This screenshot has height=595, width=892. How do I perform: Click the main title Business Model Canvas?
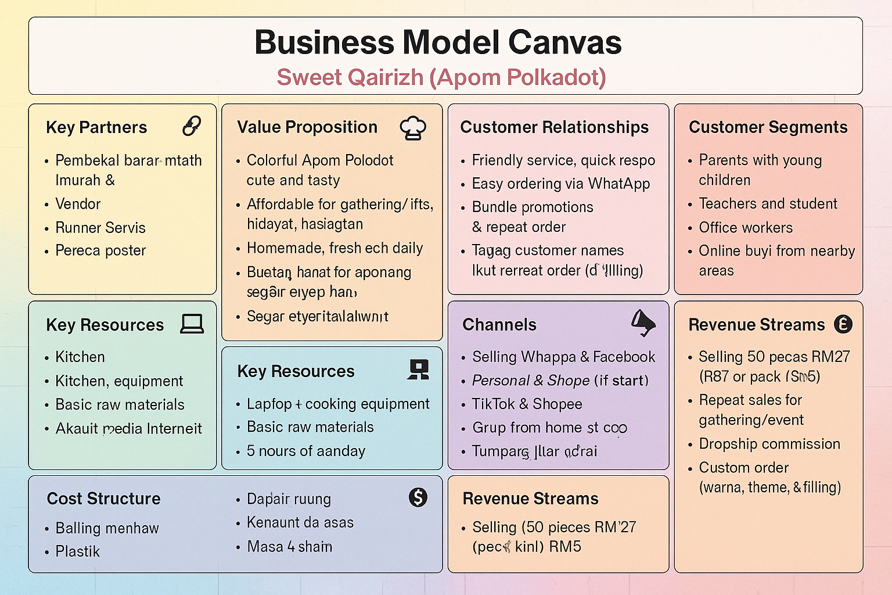click(438, 42)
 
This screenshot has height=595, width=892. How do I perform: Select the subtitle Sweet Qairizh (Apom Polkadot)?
click(441, 77)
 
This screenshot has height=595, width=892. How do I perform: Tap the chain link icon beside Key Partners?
click(192, 126)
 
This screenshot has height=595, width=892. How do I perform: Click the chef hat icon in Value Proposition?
click(413, 128)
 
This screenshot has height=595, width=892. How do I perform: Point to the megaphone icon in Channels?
click(643, 322)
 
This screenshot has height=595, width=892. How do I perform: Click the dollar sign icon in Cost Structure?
click(418, 497)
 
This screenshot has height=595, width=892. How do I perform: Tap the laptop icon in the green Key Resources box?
click(192, 324)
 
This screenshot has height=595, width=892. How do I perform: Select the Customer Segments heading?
click(768, 127)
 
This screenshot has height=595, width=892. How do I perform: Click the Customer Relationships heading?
click(554, 127)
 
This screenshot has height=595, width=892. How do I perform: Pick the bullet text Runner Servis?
click(100, 228)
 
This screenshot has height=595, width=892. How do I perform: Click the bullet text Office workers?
click(746, 228)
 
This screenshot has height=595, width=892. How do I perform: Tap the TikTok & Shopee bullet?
click(527, 404)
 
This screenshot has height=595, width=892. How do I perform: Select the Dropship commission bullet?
click(769, 444)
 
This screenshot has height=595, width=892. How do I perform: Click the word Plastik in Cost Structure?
click(77, 551)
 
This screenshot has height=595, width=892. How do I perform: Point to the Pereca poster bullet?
click(100, 250)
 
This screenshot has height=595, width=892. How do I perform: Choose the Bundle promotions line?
click(533, 207)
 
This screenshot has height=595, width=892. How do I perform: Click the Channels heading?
click(499, 325)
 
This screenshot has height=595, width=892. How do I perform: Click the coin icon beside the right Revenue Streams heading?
click(843, 324)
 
